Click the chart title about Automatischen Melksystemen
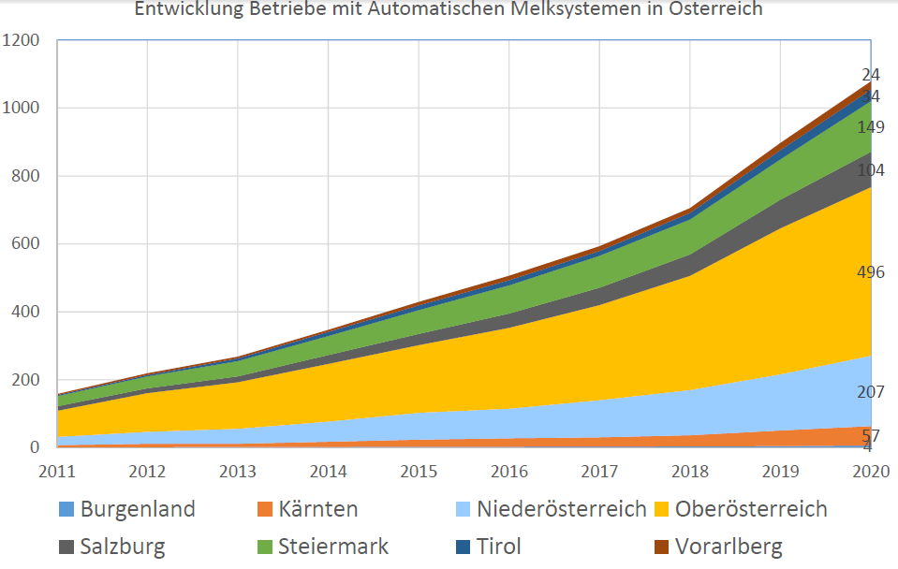(449, 10)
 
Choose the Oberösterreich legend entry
(740, 510)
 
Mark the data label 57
(871, 435)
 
